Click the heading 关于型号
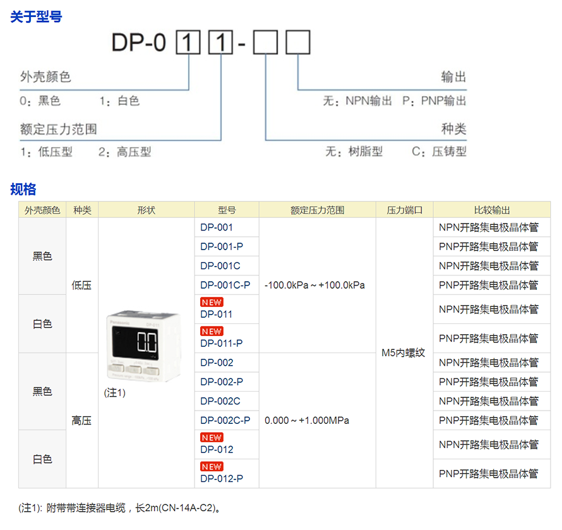pyautogui.click(x=36, y=17)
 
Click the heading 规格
pyautogui.click(x=23, y=189)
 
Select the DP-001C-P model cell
pyautogui.click(x=225, y=285)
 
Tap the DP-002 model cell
pyautogui.click(x=217, y=363)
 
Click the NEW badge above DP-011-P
pyautogui.click(x=212, y=331)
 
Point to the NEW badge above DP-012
pyautogui.click(x=212, y=437)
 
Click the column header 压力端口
pyautogui.click(x=404, y=210)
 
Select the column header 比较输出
pyautogui.click(x=491, y=210)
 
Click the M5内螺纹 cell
pyautogui.click(x=404, y=353)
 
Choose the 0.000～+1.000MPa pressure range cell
pyautogui.click(x=306, y=420)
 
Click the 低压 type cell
pyautogui.click(x=82, y=285)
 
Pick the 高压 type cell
pyautogui.click(x=82, y=420)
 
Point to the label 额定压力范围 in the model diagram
pyautogui.click(x=59, y=129)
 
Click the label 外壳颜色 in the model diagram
pyautogui.click(x=45, y=77)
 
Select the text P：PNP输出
pyautogui.click(x=434, y=101)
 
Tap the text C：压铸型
pyautogui.click(x=439, y=152)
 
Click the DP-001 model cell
pyautogui.click(x=217, y=227)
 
